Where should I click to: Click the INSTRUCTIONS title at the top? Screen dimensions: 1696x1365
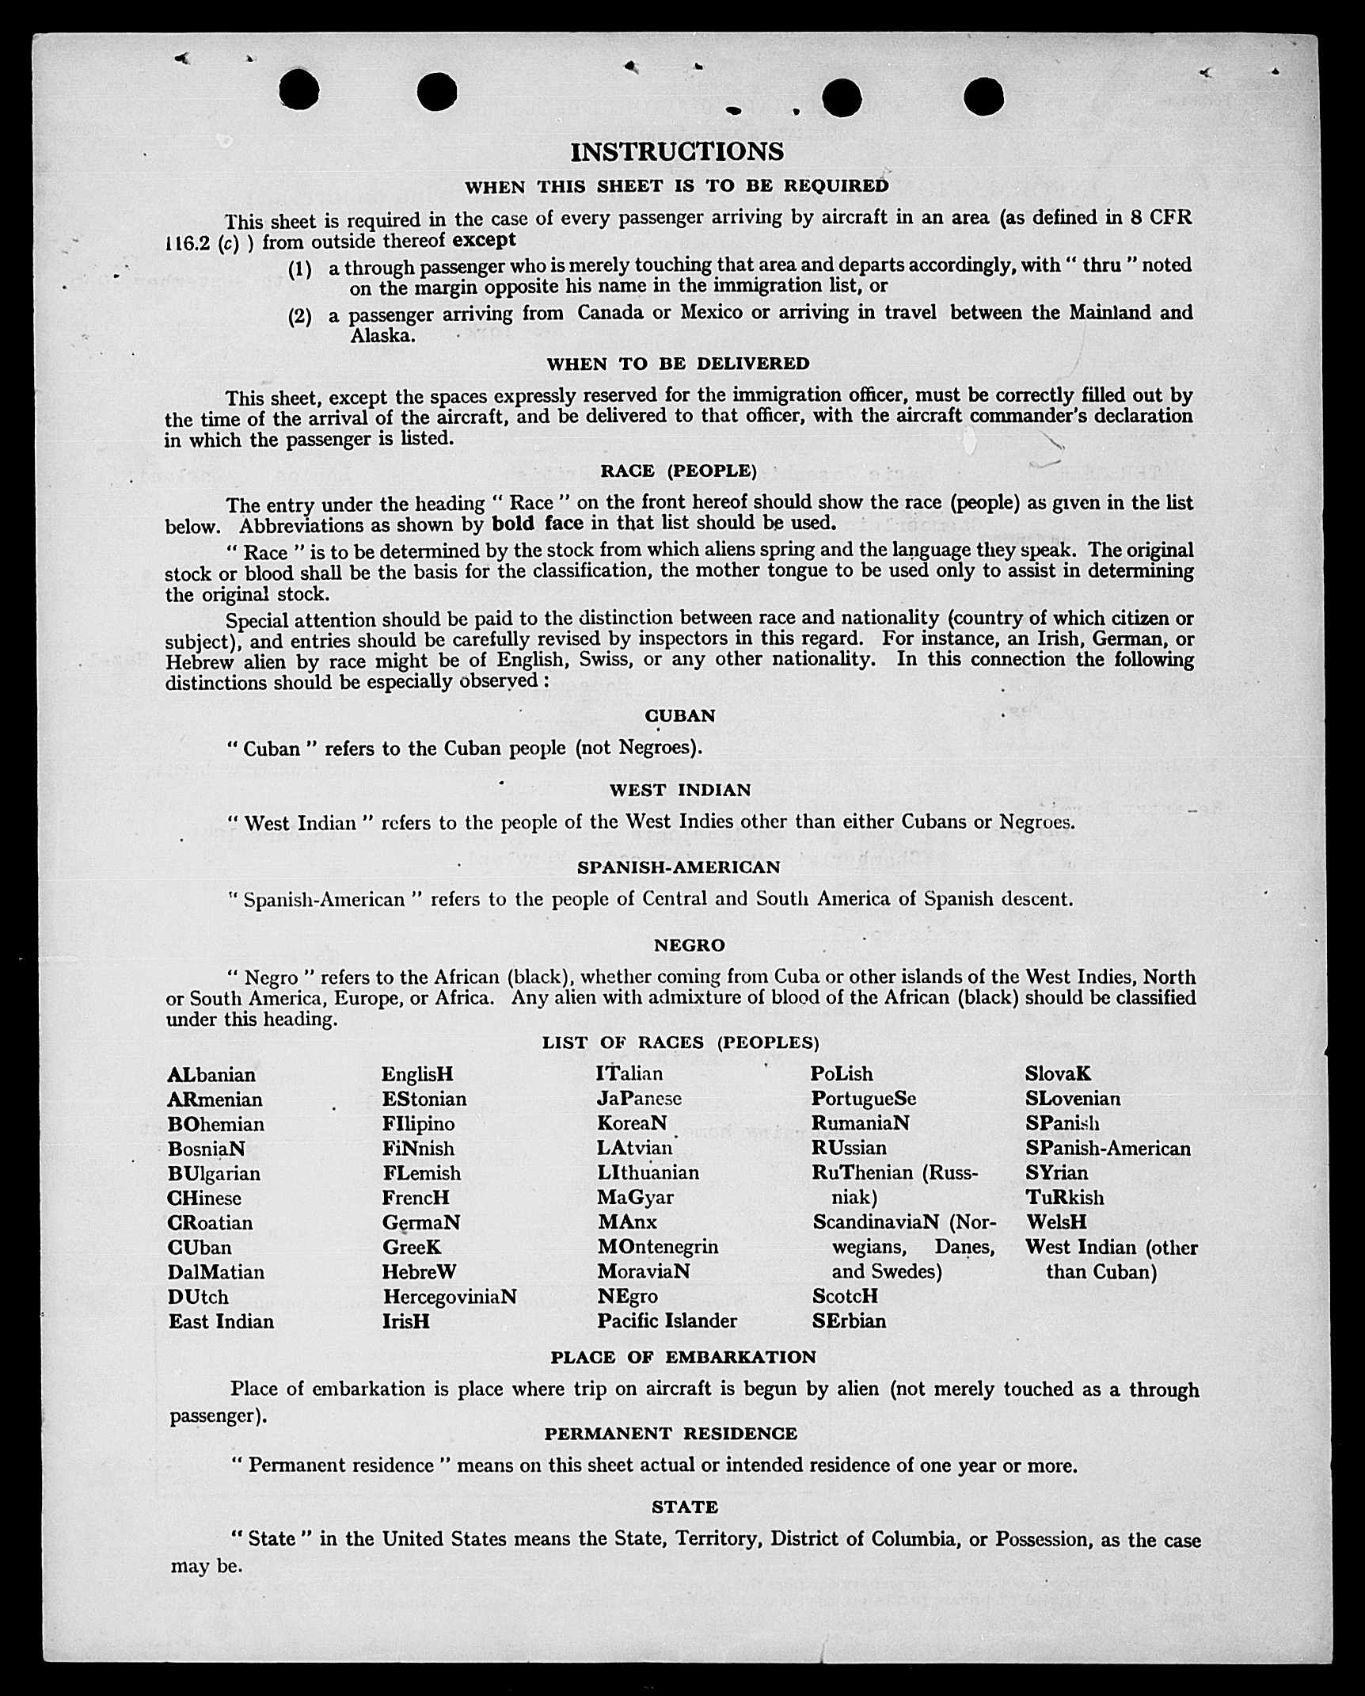tap(677, 151)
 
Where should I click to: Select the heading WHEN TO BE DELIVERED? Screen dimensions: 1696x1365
tap(678, 364)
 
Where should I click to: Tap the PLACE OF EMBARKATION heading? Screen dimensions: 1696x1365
tap(683, 1357)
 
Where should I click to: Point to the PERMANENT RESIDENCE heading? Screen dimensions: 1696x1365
tap(671, 1434)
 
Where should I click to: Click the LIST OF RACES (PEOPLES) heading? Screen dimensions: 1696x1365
tap(680, 1042)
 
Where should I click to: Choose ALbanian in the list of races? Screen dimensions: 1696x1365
tap(211, 1075)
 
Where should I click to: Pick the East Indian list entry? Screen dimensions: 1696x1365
tap(221, 1321)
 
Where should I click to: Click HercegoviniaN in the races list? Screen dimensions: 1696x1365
tap(450, 1297)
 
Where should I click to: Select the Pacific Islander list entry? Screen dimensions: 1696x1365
tap(667, 1321)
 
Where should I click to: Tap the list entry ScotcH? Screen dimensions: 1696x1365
tap(845, 1296)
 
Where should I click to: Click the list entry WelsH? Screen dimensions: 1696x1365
tap(1056, 1222)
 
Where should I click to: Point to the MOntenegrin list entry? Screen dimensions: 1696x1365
tap(658, 1247)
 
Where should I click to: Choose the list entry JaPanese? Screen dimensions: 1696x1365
tap(639, 1099)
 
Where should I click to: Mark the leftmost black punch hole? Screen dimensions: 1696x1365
tap(299, 90)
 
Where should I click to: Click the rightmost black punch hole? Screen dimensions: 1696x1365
tap(983, 97)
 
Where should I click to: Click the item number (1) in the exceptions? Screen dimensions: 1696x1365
tap(300, 269)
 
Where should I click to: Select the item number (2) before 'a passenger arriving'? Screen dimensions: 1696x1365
tap(300, 317)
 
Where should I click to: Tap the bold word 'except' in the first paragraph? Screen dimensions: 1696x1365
tap(484, 240)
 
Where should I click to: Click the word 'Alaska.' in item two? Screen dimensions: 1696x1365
tap(382, 336)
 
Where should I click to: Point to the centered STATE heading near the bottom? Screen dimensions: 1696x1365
tap(685, 1507)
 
